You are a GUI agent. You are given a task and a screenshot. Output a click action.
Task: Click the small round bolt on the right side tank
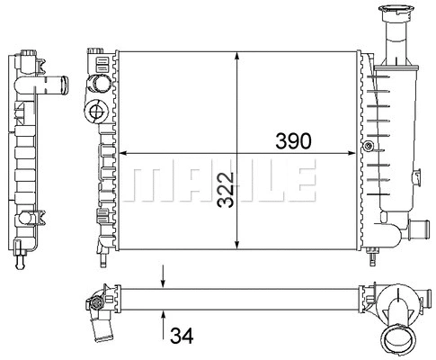366,147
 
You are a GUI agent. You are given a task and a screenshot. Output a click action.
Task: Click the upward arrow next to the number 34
164,316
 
